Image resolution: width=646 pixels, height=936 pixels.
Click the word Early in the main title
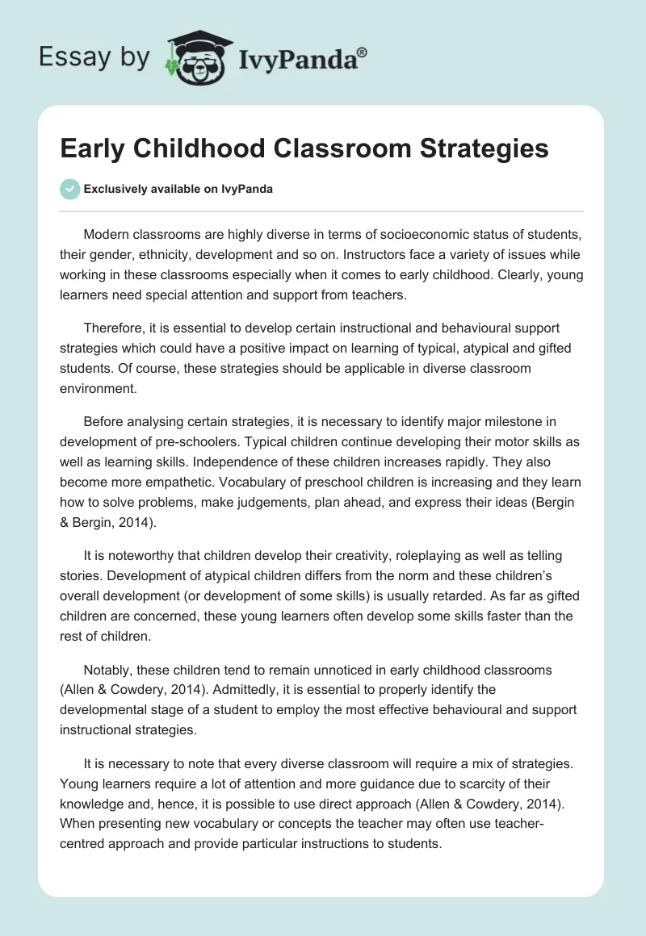point(94,148)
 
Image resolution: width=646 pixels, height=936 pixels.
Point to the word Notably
point(109,671)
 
